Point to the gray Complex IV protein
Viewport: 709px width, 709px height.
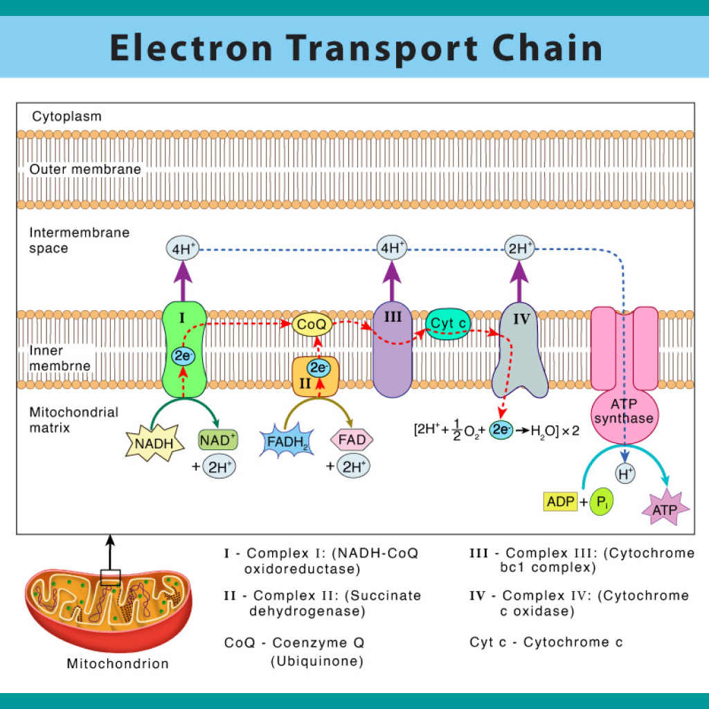(x=519, y=360)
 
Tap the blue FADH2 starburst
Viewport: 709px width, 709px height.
(x=285, y=442)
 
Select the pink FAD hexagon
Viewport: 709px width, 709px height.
(x=352, y=439)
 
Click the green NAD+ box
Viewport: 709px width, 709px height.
(x=218, y=439)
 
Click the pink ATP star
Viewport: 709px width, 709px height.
(x=665, y=510)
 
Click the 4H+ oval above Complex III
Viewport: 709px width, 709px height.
(x=392, y=249)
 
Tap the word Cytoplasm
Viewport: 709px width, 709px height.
(x=66, y=116)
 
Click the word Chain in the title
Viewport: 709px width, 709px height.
(x=536, y=48)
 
